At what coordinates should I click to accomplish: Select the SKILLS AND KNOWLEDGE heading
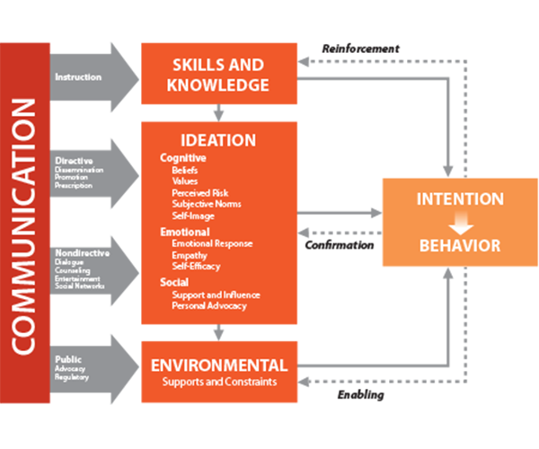pyautogui.click(x=218, y=75)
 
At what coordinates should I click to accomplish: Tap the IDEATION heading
pyautogui.click(x=218, y=140)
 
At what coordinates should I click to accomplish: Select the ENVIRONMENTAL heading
pyautogui.click(x=218, y=365)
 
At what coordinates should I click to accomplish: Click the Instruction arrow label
pyautogui.click(x=78, y=77)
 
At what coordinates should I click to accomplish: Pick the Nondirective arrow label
pyautogui.click(x=82, y=253)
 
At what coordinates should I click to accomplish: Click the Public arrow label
pyautogui.click(x=67, y=358)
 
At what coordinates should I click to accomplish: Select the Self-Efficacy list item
pyautogui.click(x=196, y=266)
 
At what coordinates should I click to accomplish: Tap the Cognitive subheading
pyautogui.click(x=183, y=157)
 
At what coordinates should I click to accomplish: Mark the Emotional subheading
pyautogui.click(x=185, y=232)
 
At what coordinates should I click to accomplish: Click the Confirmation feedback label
pyautogui.click(x=340, y=244)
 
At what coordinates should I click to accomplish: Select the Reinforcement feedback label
pyautogui.click(x=360, y=48)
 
